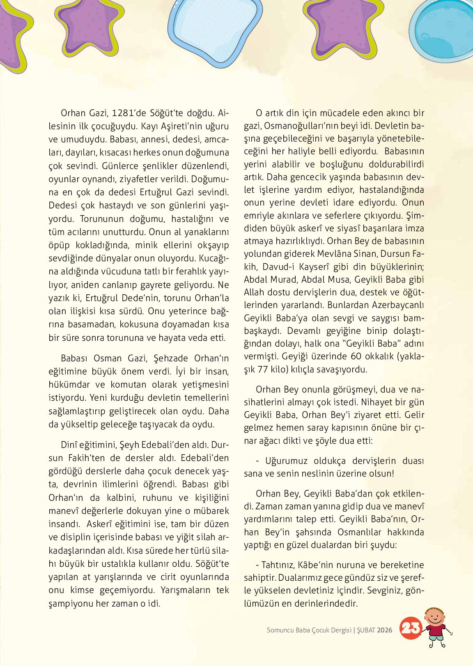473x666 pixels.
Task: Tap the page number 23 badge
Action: click(410, 628)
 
